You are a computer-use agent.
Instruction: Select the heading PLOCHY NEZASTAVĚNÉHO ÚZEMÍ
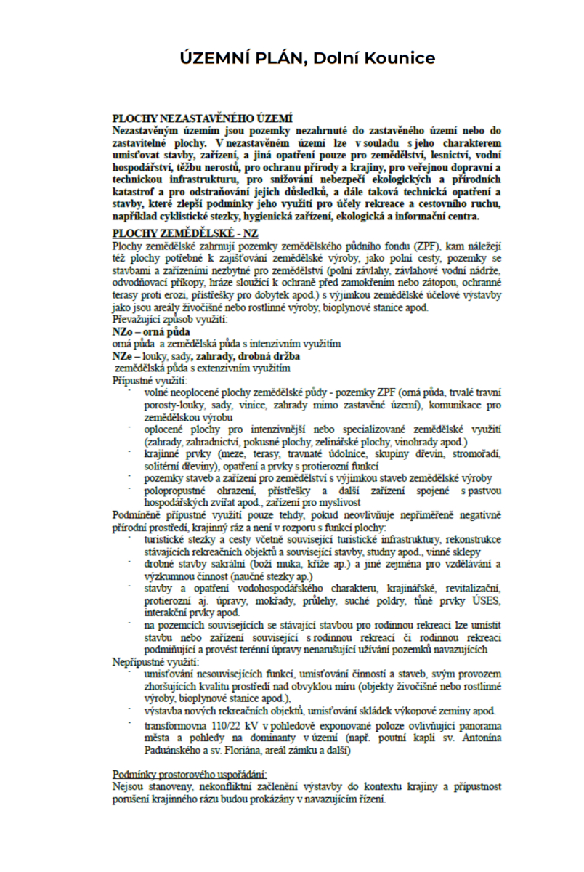[x=202, y=118]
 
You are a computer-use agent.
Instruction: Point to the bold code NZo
[x=123, y=331]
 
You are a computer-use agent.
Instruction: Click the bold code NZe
[x=122, y=357]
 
